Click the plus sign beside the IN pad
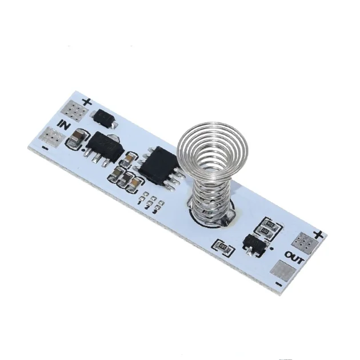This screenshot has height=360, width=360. (x=86, y=102)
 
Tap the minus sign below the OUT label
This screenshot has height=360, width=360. (x=278, y=284)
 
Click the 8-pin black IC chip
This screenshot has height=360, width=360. (x=158, y=165)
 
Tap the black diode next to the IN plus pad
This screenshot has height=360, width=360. (x=106, y=118)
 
